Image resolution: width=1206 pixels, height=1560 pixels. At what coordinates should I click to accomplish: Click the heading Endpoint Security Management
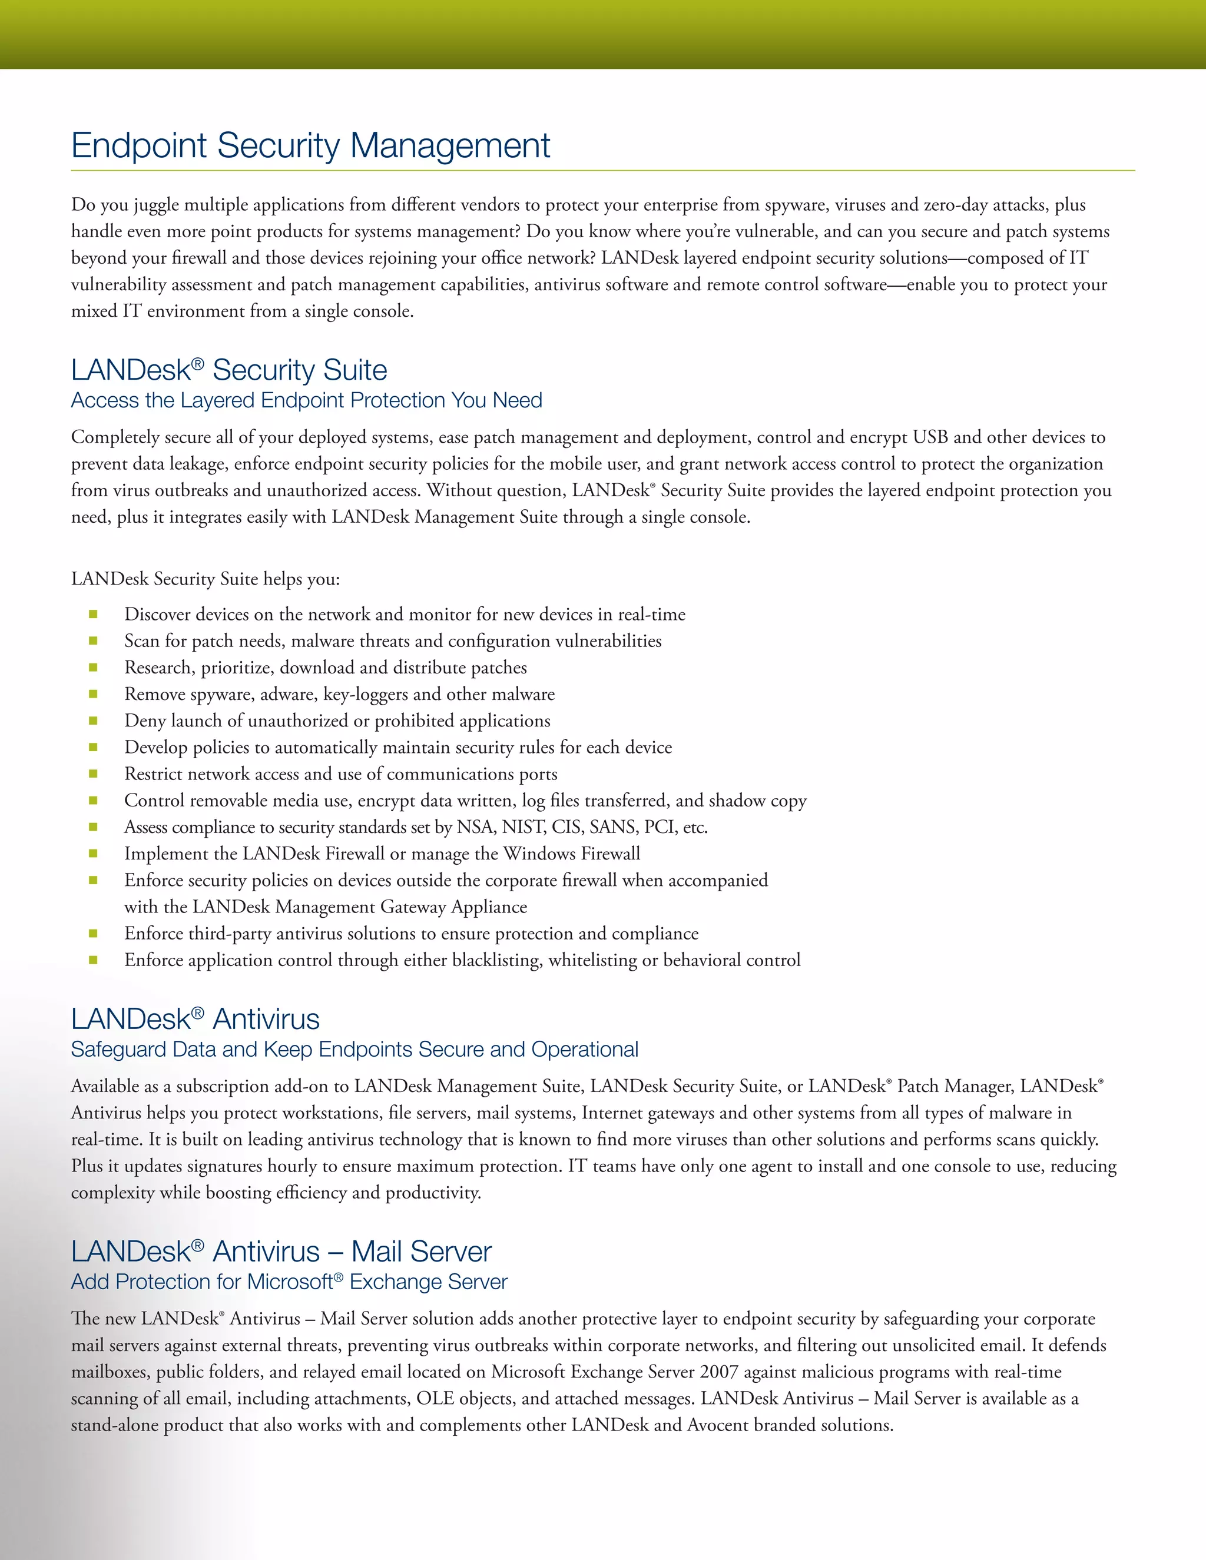pyautogui.click(x=310, y=146)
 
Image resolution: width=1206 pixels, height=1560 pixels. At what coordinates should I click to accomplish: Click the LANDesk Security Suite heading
pyautogui.click(x=228, y=370)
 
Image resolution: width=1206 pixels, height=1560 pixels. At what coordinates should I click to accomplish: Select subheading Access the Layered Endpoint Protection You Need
pyautogui.click(x=306, y=401)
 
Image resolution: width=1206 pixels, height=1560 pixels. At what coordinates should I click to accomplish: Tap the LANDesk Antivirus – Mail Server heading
pyautogui.click(x=281, y=1252)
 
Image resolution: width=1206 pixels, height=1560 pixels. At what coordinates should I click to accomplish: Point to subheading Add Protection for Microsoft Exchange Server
pyautogui.click(x=289, y=1282)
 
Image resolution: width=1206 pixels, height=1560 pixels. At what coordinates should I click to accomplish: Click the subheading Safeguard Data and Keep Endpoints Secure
pyautogui.click(x=354, y=1049)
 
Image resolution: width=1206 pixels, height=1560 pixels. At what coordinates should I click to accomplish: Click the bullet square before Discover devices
pyautogui.click(x=93, y=614)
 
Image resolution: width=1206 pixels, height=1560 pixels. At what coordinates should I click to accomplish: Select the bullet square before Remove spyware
pyautogui.click(x=93, y=694)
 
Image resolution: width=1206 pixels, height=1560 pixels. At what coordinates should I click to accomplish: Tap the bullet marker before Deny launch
pyautogui.click(x=93, y=721)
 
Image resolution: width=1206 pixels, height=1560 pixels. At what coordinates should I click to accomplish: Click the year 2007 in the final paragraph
pyautogui.click(x=718, y=1372)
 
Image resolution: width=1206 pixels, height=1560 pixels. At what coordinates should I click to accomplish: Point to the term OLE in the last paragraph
pyautogui.click(x=435, y=1399)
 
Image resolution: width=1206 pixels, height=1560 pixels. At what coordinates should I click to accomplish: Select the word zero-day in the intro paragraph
pyautogui.click(x=963, y=205)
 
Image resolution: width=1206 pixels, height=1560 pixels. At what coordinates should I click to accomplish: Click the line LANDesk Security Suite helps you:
pyautogui.click(x=205, y=579)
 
